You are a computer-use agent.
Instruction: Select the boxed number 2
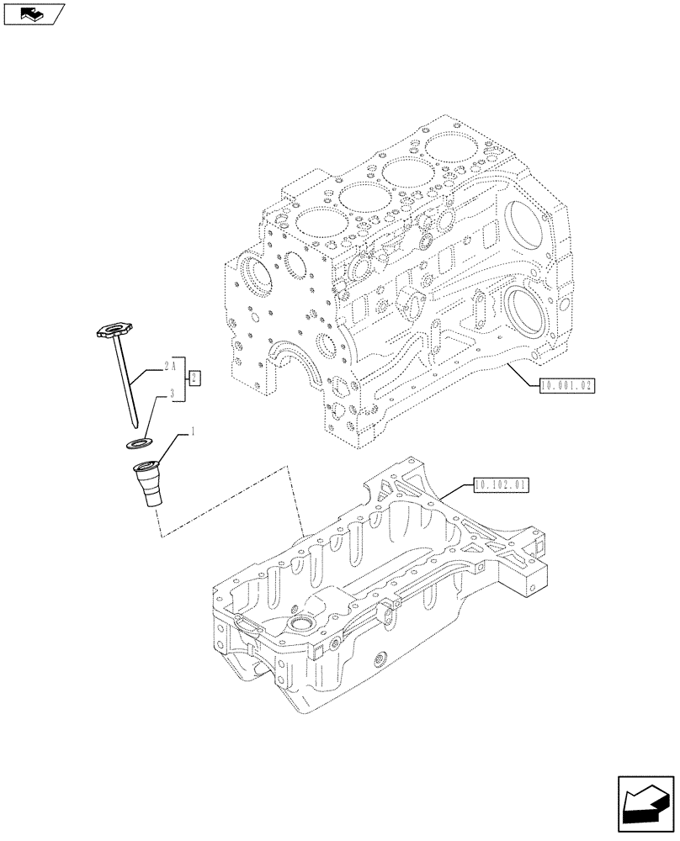point(194,378)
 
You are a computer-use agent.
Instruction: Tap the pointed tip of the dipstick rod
point(135,423)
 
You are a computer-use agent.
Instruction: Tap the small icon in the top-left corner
point(34,13)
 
